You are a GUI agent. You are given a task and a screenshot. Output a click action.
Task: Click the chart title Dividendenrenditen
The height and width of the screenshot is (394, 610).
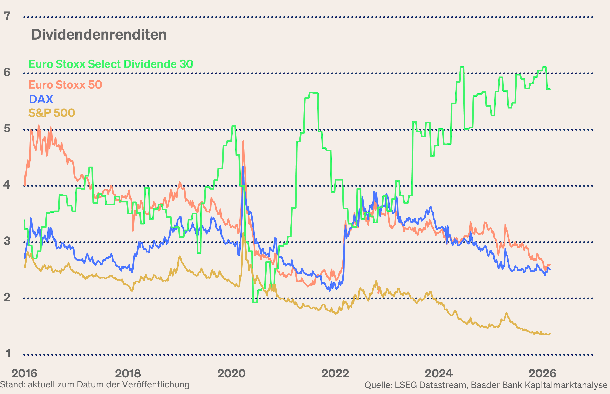99,35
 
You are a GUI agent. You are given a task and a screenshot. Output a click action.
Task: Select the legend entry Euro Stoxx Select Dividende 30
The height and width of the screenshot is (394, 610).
111,64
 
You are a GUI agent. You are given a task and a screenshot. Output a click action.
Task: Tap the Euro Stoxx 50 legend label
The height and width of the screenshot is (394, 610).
65,85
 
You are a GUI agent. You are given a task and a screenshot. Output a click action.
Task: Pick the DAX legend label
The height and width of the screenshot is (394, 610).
41,99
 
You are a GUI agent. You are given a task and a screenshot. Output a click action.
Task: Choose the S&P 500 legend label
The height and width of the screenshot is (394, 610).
51,113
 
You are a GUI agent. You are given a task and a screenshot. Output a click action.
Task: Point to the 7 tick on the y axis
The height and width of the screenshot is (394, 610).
7,16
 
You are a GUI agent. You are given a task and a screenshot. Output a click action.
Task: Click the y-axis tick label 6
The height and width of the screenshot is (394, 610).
7,72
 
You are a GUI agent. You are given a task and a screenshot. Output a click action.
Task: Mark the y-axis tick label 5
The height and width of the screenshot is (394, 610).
7,128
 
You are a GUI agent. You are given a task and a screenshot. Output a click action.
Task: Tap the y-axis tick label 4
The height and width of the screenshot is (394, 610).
7,185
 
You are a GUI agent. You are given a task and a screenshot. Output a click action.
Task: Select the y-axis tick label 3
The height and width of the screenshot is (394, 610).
7,241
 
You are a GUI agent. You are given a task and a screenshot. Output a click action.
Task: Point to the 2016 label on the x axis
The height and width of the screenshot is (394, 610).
24,374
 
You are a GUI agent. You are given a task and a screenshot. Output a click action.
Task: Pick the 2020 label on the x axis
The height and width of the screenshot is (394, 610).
231,374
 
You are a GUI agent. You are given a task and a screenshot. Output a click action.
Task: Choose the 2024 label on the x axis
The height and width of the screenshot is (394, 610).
439,374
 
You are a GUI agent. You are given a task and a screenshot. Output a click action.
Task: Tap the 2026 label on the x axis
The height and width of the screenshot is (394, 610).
542,374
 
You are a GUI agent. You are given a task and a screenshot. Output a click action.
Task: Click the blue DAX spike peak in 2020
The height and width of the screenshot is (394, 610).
243,167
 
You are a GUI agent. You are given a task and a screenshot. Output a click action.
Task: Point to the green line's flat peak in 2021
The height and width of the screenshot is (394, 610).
314,93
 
